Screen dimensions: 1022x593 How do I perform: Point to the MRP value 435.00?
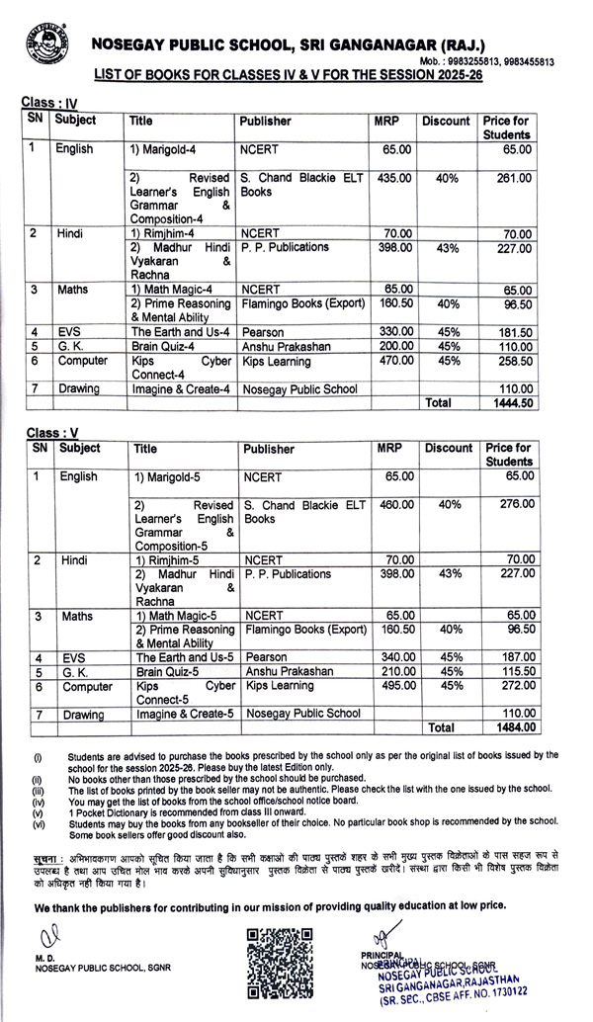point(394,178)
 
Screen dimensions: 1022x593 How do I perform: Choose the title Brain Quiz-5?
point(163,671)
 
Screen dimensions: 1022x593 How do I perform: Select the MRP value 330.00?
point(394,332)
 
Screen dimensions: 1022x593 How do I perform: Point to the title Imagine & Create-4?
point(180,389)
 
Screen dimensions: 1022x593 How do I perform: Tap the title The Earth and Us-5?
point(184,656)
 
